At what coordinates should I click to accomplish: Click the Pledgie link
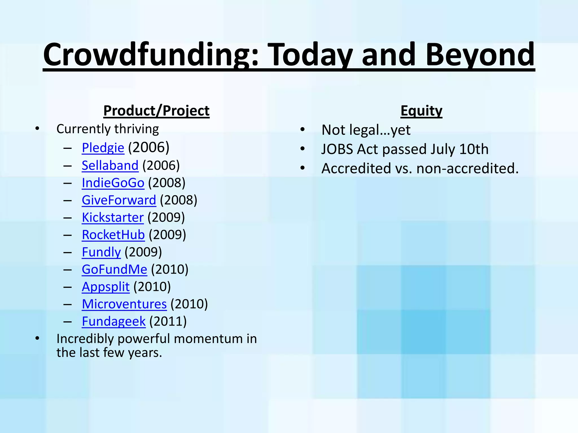(103, 148)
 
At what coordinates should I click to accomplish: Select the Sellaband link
(110, 165)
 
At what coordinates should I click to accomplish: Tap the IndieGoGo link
(113, 183)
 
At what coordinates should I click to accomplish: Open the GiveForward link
(119, 200)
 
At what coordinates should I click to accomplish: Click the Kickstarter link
(113, 218)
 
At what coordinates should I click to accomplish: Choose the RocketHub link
(113, 235)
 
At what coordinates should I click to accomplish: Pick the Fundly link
(101, 252)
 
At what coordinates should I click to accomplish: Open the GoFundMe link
(114, 269)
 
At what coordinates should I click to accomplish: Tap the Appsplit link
(106, 287)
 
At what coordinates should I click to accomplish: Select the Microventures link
(124, 304)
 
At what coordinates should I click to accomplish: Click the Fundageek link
(113, 321)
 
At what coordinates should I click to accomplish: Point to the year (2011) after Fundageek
(168, 321)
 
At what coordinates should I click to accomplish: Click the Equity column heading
(421, 111)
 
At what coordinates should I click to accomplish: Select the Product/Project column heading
(156, 111)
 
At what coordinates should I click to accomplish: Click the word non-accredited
(467, 168)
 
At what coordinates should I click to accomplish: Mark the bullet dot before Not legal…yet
(303, 130)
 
